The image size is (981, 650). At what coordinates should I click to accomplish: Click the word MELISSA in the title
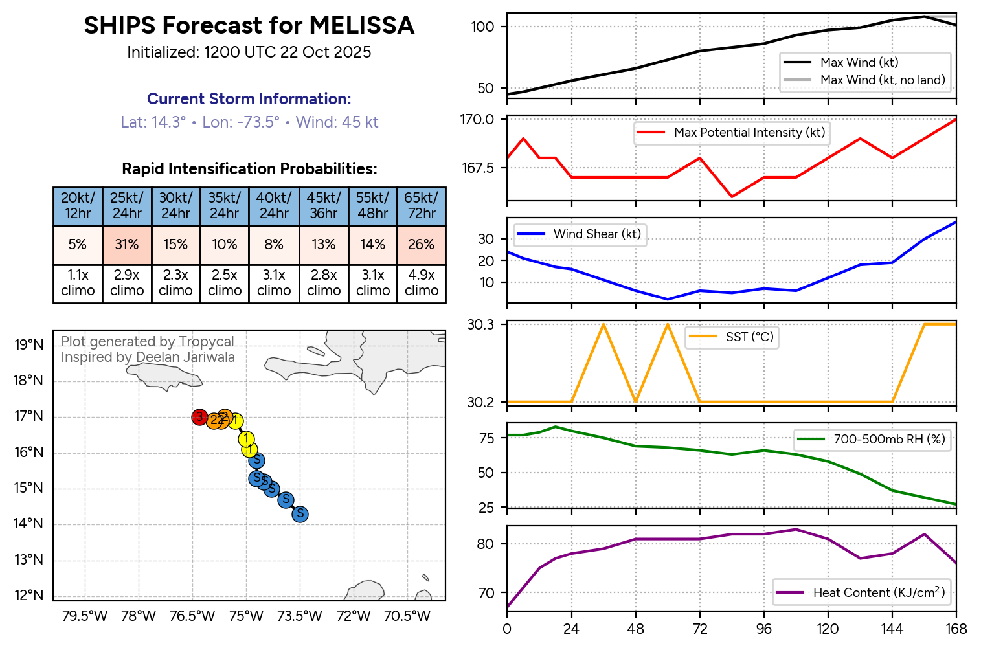[x=361, y=26]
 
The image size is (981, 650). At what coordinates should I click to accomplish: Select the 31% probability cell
[x=127, y=245]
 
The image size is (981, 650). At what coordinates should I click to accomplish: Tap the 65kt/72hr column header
[x=421, y=206]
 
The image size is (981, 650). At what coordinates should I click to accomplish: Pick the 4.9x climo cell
[x=422, y=283]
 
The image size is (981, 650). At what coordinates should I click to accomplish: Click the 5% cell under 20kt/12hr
[x=78, y=245]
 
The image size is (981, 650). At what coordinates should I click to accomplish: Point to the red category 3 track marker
[x=199, y=417]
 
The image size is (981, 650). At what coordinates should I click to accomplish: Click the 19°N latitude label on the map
[x=29, y=344]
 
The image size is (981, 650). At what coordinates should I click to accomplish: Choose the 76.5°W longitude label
[x=192, y=616]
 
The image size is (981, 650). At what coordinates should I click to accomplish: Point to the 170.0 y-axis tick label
[x=477, y=119]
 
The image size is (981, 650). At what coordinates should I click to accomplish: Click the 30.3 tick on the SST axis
[x=480, y=324]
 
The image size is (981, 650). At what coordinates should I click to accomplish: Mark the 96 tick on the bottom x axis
[x=764, y=629]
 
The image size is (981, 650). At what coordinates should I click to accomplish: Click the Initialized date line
[x=249, y=52]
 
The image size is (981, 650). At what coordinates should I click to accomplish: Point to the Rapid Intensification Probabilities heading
[x=249, y=169]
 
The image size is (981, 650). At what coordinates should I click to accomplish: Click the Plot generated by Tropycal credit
[x=148, y=342]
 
